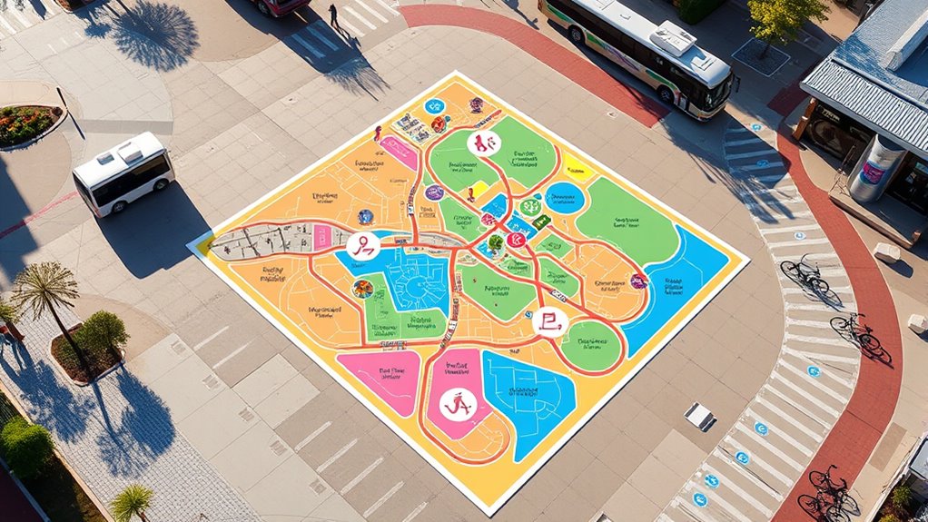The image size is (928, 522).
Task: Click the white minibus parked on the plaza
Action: coord(123,173)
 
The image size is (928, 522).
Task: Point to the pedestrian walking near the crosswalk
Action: coord(333,14)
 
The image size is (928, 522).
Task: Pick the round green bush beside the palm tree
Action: coord(104,331)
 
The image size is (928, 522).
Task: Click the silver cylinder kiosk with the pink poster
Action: coord(876,169)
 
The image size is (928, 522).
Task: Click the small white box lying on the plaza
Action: coord(699,416)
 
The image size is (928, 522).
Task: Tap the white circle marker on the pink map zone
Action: coord(458,404)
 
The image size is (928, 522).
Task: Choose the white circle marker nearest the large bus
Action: coord(482,143)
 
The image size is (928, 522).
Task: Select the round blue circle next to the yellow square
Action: coord(564,197)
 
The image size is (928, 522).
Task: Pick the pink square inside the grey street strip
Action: coord(322,236)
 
